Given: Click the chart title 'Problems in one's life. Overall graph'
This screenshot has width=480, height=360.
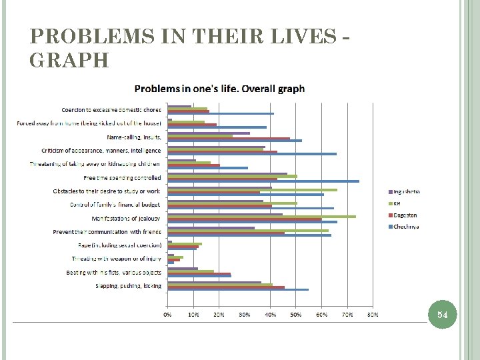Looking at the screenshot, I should click(x=219, y=89).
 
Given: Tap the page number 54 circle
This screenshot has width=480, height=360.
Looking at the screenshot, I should click(x=443, y=315).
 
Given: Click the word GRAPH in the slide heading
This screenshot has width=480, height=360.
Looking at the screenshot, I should click(x=70, y=61).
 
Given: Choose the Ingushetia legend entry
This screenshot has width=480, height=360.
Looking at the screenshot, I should click(x=406, y=192).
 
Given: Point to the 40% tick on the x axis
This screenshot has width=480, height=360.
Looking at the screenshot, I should click(x=270, y=313).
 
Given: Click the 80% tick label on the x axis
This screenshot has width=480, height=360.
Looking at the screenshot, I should click(x=373, y=313).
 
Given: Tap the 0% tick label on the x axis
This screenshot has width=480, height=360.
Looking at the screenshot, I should click(x=168, y=313).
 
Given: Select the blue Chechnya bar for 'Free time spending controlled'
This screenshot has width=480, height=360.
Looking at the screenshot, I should click(x=263, y=181).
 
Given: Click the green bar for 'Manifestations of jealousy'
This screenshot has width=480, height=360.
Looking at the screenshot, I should click(x=261, y=216).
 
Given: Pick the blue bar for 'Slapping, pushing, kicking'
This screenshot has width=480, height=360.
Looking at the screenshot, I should click(x=238, y=289).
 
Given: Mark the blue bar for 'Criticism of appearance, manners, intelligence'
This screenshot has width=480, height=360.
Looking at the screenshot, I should click(x=252, y=154).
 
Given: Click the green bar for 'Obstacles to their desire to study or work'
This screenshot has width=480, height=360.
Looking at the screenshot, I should click(x=252, y=190).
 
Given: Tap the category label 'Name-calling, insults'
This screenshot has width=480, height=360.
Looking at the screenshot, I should click(x=134, y=137).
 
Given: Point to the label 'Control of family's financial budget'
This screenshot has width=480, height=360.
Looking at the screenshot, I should click(x=115, y=205).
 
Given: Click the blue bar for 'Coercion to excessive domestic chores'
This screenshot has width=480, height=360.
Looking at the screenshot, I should click(x=221, y=114).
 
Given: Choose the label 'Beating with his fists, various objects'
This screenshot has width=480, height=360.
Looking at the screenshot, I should click(x=113, y=273).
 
